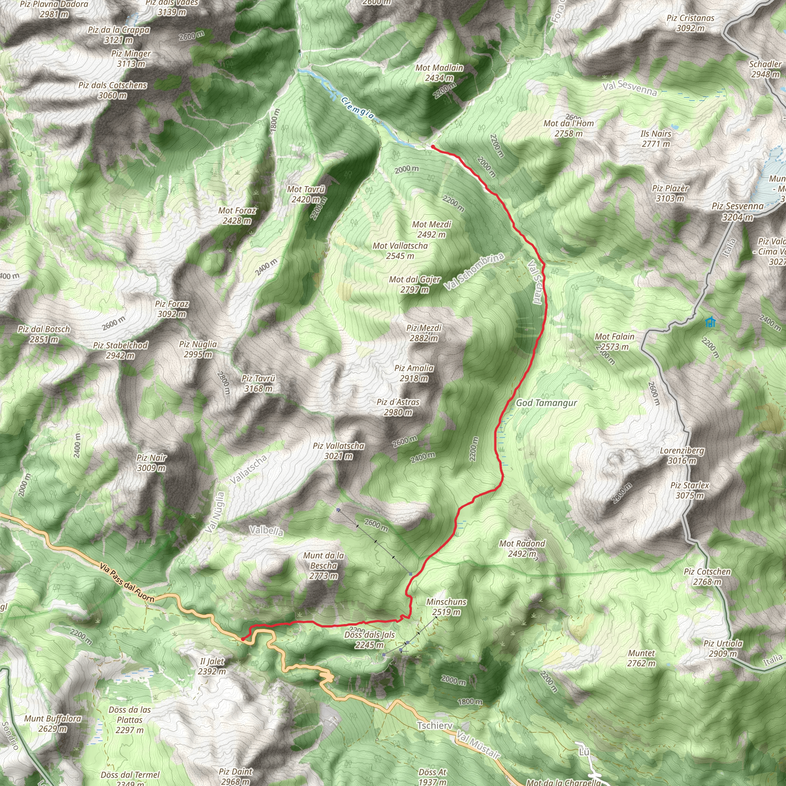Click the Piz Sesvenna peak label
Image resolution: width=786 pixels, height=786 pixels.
738,211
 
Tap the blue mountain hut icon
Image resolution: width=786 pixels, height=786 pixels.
710,322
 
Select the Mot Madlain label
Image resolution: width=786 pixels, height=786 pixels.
439,73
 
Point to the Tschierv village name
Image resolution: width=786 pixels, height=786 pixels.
435,725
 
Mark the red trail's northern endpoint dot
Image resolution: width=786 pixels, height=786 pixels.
433,147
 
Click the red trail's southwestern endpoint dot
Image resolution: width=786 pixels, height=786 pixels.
243,639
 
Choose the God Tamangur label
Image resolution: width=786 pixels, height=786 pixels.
547,403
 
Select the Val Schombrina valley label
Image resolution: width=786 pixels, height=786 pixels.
474,271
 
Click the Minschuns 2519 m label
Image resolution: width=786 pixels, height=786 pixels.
446,607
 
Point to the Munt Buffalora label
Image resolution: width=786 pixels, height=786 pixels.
53,723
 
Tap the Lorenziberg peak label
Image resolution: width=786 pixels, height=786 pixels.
682,455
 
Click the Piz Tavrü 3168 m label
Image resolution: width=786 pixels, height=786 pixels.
258,383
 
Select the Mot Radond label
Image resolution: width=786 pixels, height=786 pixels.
522,548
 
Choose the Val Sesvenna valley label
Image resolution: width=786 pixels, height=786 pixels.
630,88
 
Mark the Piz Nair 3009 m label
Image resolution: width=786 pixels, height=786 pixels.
152,462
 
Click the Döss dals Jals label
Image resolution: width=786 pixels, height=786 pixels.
370,639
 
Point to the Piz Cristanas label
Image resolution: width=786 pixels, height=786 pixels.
690,23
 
